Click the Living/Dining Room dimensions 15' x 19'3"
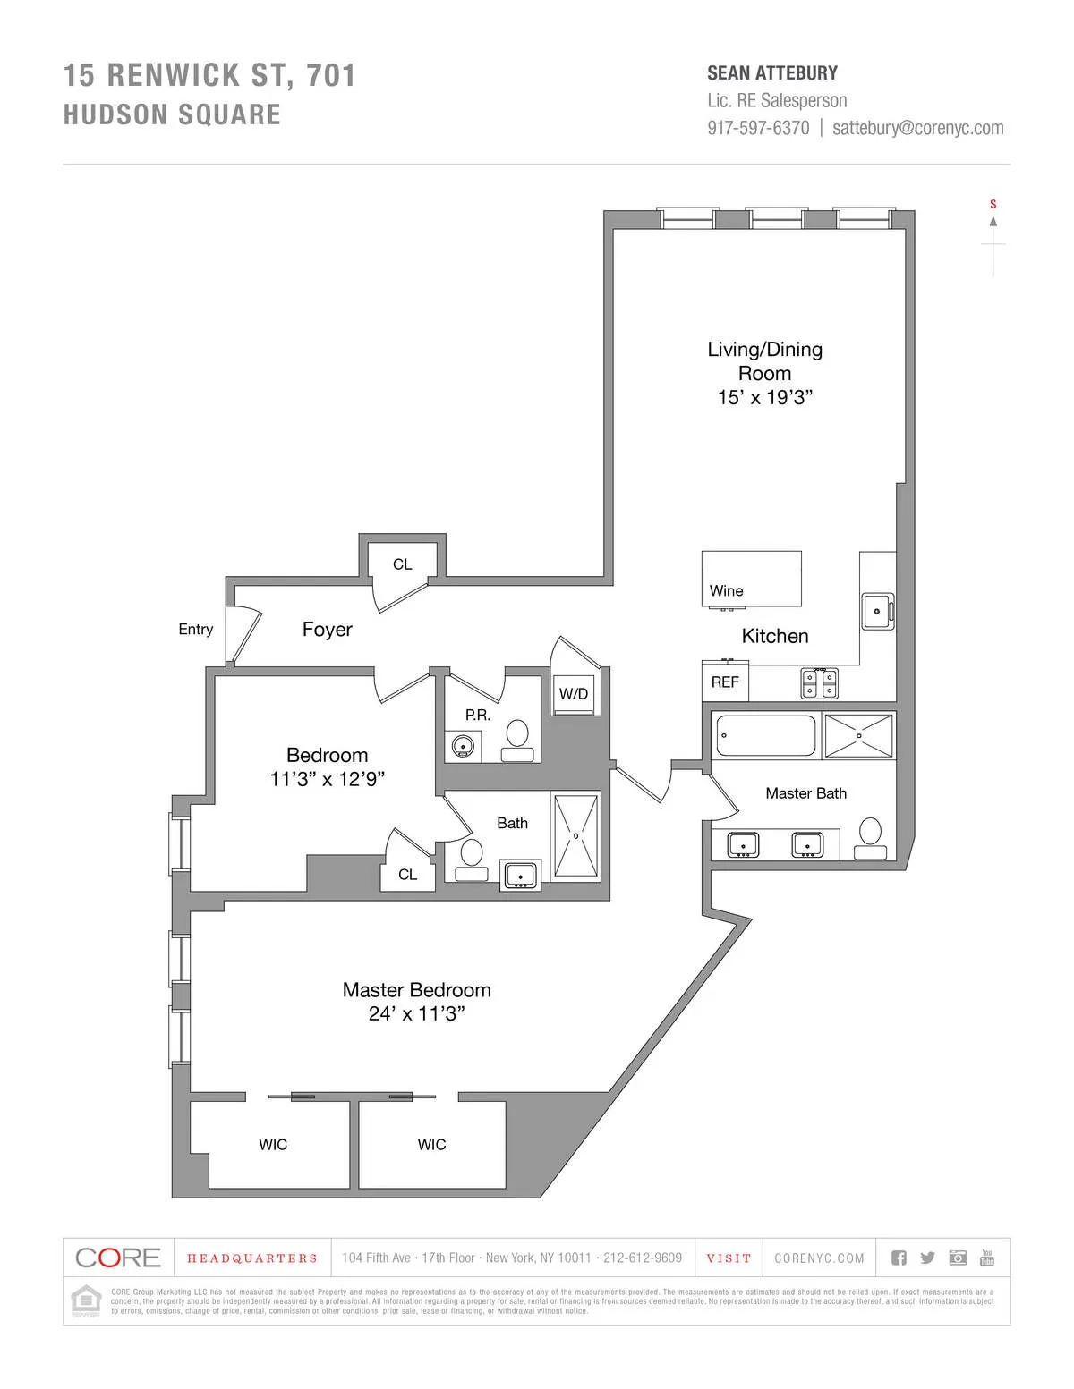click(x=764, y=397)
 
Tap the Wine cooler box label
click(x=726, y=590)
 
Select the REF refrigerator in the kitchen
click(x=725, y=682)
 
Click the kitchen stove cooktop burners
click(x=819, y=683)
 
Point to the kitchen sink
click(x=876, y=612)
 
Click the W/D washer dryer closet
click(x=574, y=694)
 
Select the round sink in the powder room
click(x=463, y=745)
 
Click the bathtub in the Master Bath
click(x=766, y=735)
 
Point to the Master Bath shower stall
click(x=858, y=735)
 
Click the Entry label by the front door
click(x=195, y=630)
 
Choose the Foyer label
click(x=327, y=630)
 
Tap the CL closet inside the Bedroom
click(x=407, y=875)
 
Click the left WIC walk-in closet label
click(x=273, y=1145)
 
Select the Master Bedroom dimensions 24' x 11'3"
click(x=416, y=1013)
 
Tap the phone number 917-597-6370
click(x=758, y=128)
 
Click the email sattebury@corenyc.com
click(x=917, y=128)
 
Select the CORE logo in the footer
click(x=118, y=1258)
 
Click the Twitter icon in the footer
click(x=927, y=1258)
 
